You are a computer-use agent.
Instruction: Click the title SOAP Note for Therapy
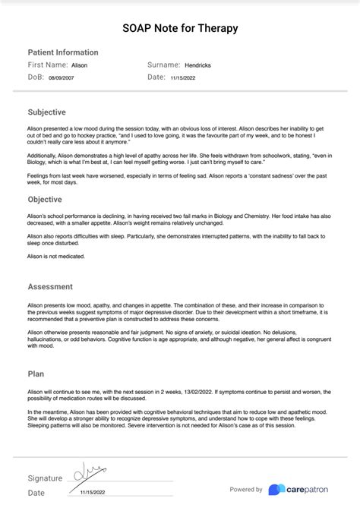[x=180, y=28]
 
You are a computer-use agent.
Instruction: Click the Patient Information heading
[x=63, y=52]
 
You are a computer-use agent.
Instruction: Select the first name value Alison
[x=80, y=66]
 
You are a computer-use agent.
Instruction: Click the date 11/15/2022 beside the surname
[x=183, y=77]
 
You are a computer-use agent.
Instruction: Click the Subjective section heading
[x=47, y=112]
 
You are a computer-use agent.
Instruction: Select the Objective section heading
[x=45, y=200]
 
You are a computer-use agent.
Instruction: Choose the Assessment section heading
[x=50, y=287]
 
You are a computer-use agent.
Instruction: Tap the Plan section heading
[x=36, y=374]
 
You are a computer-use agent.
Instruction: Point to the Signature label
[x=45, y=478]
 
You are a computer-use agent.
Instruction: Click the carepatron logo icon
[x=277, y=490]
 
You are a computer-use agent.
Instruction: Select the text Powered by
[x=246, y=490]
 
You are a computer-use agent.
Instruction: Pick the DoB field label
[x=36, y=77]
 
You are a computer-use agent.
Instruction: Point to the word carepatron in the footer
[x=308, y=490]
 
